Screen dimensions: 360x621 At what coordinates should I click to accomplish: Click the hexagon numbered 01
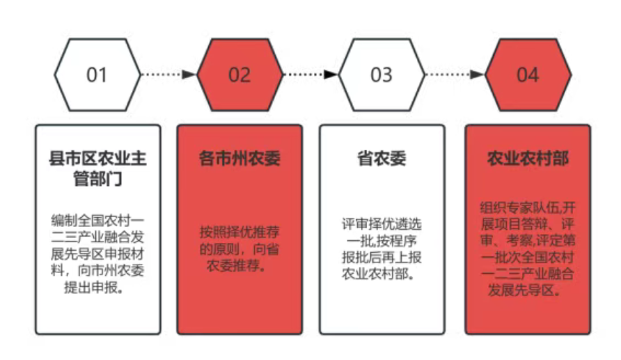click(x=97, y=74)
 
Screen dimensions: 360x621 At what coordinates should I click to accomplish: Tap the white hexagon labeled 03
click(x=382, y=74)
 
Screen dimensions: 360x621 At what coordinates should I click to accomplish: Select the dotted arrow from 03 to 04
click(x=454, y=74)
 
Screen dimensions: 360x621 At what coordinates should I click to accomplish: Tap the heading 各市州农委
click(x=240, y=158)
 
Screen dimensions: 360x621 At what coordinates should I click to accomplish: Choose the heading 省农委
click(x=382, y=158)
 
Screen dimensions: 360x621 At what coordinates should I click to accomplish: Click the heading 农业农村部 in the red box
click(x=528, y=158)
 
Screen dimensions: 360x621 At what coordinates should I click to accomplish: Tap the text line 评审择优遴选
click(x=382, y=224)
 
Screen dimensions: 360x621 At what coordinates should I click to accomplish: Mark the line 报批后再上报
click(x=382, y=257)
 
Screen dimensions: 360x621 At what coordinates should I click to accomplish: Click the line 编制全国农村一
click(x=97, y=220)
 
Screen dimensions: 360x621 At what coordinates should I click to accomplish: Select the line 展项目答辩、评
click(x=528, y=224)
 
